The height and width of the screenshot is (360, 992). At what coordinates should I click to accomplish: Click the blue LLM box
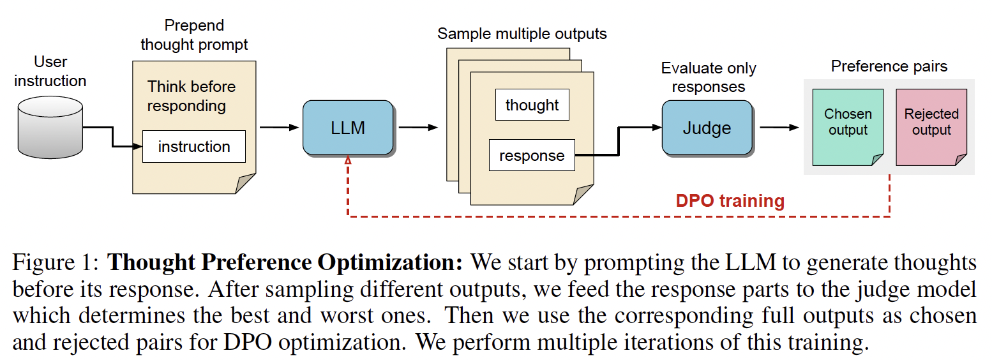348,128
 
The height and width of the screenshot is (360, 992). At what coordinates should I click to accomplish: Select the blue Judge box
707,128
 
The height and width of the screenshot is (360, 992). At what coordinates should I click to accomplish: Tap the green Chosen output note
848,127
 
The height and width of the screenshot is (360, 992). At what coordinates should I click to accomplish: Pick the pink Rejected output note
931,127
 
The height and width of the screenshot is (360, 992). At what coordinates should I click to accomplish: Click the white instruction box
194,147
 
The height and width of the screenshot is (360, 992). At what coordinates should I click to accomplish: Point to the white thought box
532,105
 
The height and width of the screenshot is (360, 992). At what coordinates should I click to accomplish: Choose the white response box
532,155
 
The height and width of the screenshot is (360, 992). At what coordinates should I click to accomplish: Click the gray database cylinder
50,128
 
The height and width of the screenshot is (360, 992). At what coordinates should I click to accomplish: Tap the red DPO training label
730,201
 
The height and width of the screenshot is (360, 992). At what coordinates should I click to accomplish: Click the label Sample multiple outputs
522,34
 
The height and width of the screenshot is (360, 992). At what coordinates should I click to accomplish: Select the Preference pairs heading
889,66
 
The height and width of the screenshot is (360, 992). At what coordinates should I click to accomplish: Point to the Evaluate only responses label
709,77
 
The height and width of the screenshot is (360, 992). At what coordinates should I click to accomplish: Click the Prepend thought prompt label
194,35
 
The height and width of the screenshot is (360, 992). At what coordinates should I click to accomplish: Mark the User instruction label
50,71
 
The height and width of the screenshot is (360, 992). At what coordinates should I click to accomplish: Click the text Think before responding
192,96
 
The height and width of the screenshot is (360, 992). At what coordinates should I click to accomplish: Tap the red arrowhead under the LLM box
348,160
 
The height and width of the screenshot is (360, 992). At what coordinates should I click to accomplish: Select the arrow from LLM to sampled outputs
418,128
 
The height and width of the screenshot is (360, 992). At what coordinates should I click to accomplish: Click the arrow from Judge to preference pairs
779,128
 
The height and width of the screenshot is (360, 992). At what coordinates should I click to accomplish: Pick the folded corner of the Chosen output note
877,160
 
